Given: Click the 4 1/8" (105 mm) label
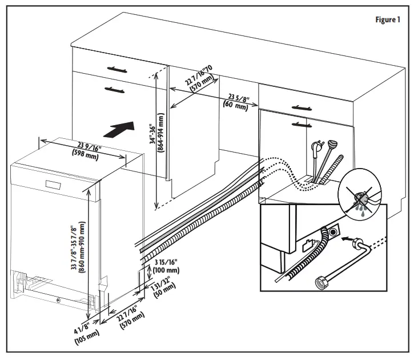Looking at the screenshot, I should (86, 332).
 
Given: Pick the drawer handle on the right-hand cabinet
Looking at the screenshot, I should (300, 107).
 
